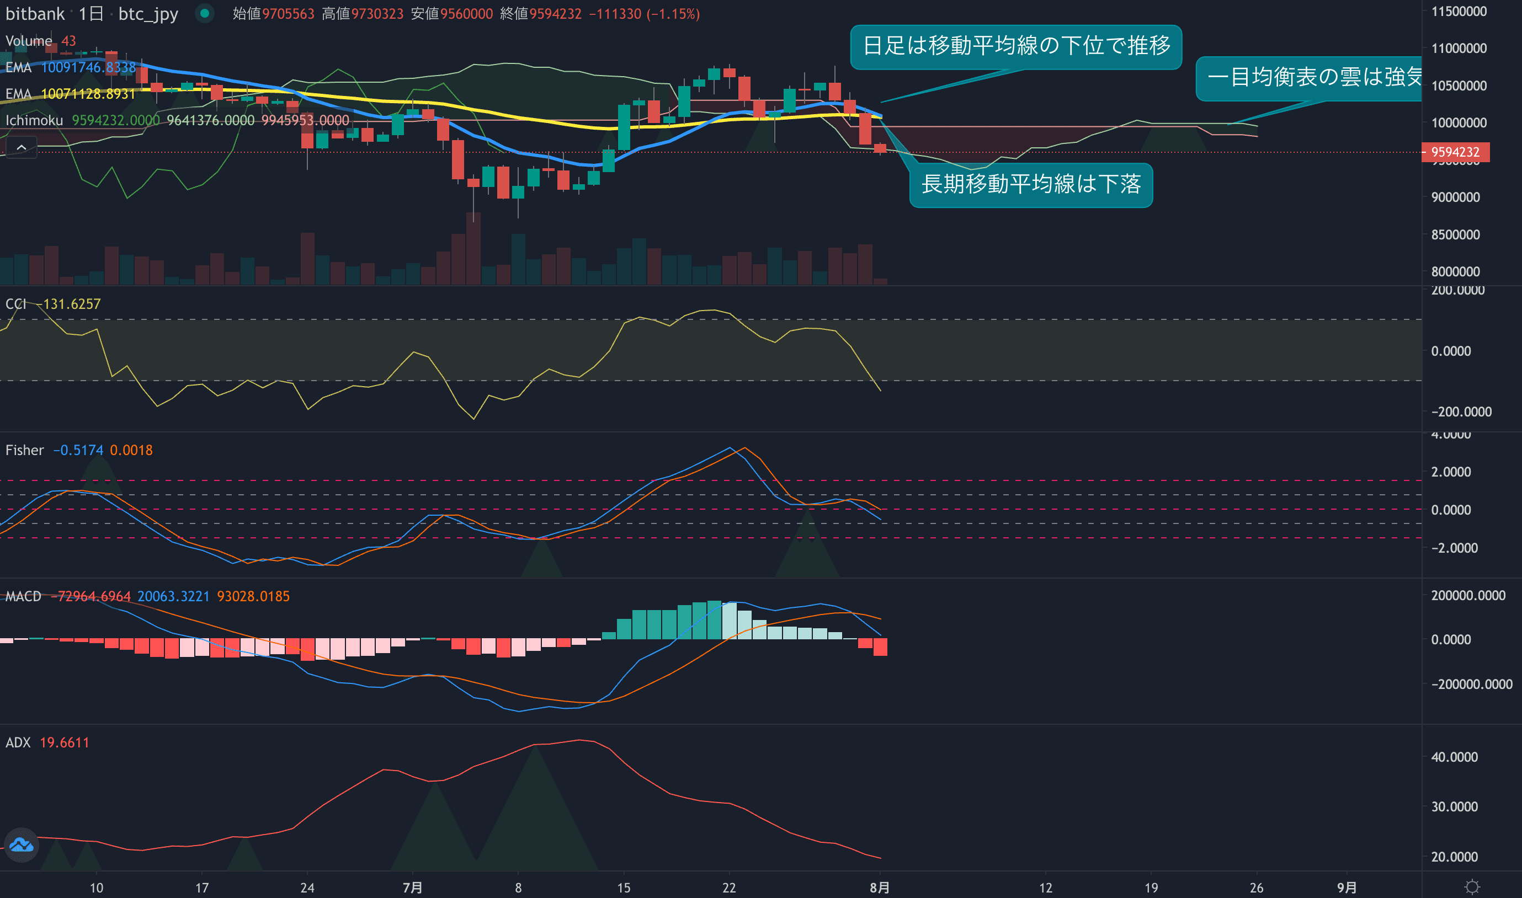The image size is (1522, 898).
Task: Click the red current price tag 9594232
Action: click(x=1455, y=152)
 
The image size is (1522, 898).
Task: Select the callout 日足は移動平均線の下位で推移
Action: click(x=1015, y=46)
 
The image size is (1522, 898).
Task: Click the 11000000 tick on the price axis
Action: click(x=1459, y=49)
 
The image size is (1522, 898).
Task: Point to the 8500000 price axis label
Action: click(x=1455, y=235)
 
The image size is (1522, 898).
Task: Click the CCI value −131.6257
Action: click(x=68, y=304)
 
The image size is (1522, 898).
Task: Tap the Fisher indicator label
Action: click(x=24, y=450)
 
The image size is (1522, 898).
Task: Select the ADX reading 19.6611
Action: click(x=64, y=742)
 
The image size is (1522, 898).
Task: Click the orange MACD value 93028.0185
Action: click(x=253, y=597)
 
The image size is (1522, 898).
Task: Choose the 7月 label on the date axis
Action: click(x=412, y=887)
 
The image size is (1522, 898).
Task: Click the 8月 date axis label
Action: click(x=880, y=887)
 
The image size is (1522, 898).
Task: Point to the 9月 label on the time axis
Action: click(x=1347, y=887)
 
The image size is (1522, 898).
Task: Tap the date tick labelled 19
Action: click(x=1151, y=887)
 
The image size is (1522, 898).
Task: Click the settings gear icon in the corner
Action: click(x=1472, y=887)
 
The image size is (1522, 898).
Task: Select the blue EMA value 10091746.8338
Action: click(x=88, y=67)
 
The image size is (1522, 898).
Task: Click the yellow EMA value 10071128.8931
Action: click(x=88, y=94)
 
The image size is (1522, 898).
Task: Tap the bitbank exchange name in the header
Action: click(x=35, y=14)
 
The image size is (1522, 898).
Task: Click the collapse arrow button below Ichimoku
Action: click(x=21, y=147)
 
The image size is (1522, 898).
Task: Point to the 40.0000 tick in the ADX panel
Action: click(x=1454, y=757)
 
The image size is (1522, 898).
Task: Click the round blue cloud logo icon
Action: click(x=21, y=844)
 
